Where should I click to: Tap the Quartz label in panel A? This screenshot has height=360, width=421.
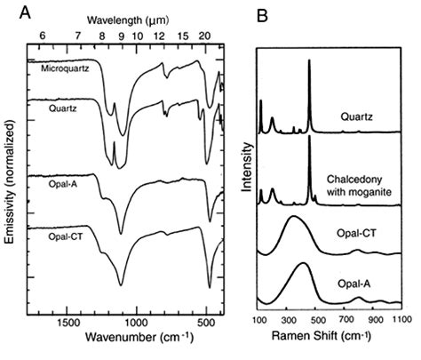tap(44, 107)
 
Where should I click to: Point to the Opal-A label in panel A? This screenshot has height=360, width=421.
tap(44, 180)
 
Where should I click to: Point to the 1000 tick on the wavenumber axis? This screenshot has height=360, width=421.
tap(137, 321)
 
